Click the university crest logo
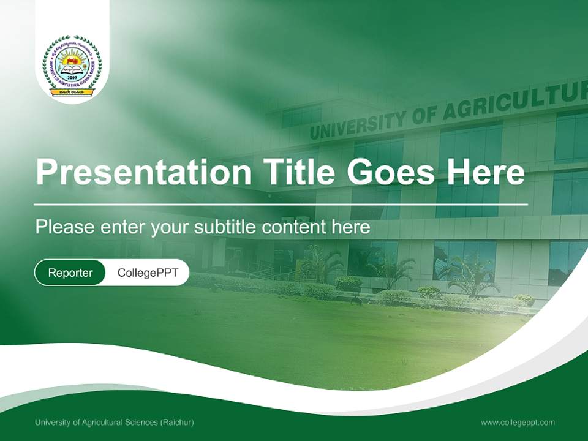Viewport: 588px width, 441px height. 72,65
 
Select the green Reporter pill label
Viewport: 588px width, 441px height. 70,273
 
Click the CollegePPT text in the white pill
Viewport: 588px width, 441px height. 148,273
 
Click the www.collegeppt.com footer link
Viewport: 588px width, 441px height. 518,423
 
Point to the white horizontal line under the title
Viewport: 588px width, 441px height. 281,204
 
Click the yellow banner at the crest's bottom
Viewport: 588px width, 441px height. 72,92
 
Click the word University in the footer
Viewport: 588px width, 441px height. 51,423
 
